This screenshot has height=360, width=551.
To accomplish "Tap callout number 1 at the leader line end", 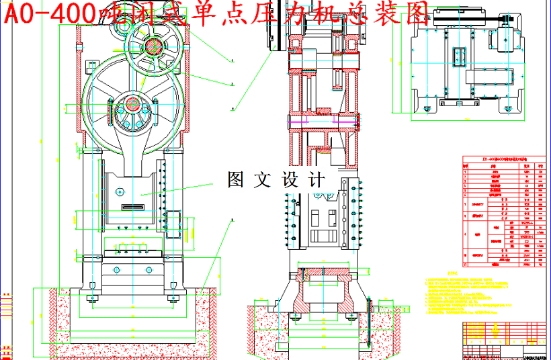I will [x=232, y=61].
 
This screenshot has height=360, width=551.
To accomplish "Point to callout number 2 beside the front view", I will [x=232, y=85].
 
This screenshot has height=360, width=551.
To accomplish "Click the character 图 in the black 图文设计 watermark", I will [x=235, y=179].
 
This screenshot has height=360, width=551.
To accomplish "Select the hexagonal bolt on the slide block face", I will [x=120, y=190].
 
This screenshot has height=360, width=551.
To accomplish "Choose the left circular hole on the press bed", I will [x=118, y=269].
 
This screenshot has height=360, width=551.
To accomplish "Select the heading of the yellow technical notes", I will [x=452, y=274].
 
